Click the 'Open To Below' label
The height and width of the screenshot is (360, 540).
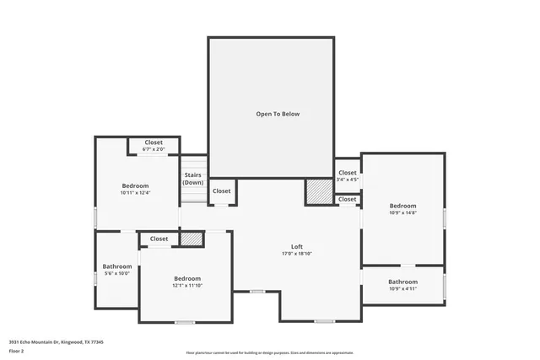278,114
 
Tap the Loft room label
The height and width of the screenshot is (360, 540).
297,247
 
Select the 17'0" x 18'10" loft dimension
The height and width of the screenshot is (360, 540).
297,254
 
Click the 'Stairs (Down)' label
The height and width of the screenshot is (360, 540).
193,179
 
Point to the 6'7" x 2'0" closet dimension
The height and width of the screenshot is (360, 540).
154,149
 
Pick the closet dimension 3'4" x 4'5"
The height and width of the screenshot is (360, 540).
348,180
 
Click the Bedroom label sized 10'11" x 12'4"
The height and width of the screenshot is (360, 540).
135,185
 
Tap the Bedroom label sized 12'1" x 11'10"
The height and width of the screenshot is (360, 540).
187,278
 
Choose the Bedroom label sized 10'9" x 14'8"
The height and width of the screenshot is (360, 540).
402,206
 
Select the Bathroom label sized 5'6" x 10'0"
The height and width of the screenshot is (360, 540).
117,266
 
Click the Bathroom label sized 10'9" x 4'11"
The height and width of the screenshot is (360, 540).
402,282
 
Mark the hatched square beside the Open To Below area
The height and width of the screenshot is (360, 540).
318,191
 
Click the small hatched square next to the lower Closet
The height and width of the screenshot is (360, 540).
192,239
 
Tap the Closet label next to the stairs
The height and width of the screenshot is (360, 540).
221,191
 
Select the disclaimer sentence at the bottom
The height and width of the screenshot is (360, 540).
269,353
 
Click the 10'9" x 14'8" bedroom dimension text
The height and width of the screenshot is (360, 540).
402,212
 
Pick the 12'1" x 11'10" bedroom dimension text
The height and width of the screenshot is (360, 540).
187,286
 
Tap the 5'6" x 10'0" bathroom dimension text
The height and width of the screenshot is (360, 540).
117,273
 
